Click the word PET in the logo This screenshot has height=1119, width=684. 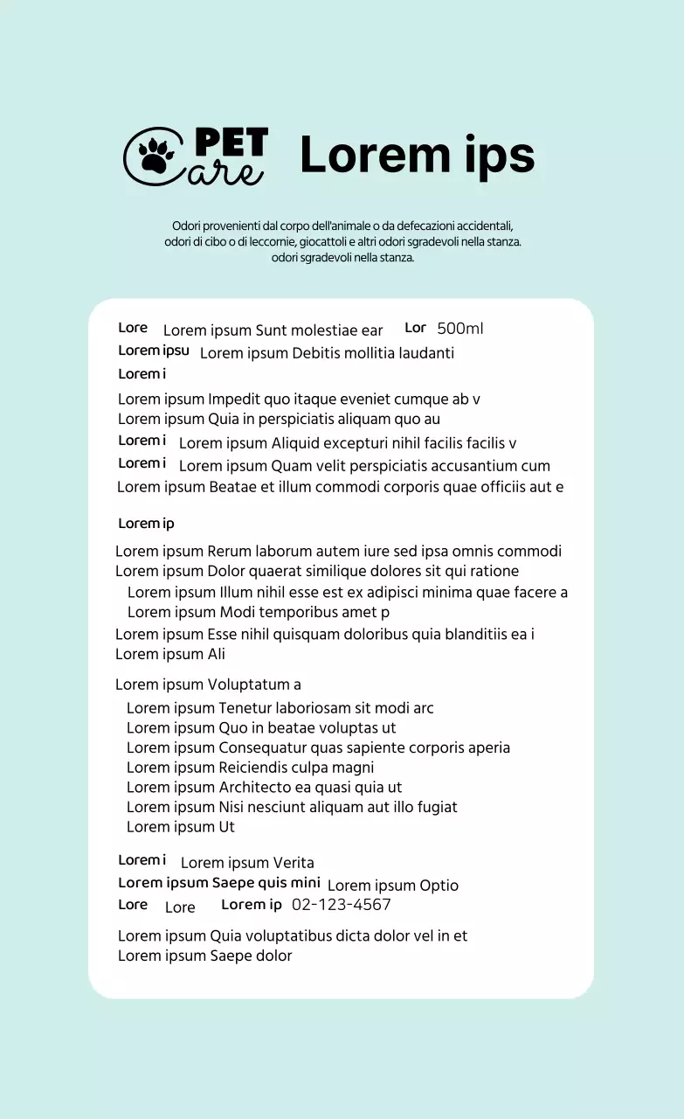pos(231,142)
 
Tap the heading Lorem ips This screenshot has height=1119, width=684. pos(417,156)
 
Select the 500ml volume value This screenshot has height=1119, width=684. pos(459,329)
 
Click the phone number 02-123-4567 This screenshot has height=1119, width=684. pos(341,905)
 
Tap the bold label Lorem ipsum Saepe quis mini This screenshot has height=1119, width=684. pos(218,883)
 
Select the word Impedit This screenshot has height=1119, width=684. pos(233,400)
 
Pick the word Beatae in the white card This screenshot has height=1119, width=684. pos(234,487)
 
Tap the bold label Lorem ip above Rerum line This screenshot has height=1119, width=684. pos(146,524)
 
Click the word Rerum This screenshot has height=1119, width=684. pos(229,552)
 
